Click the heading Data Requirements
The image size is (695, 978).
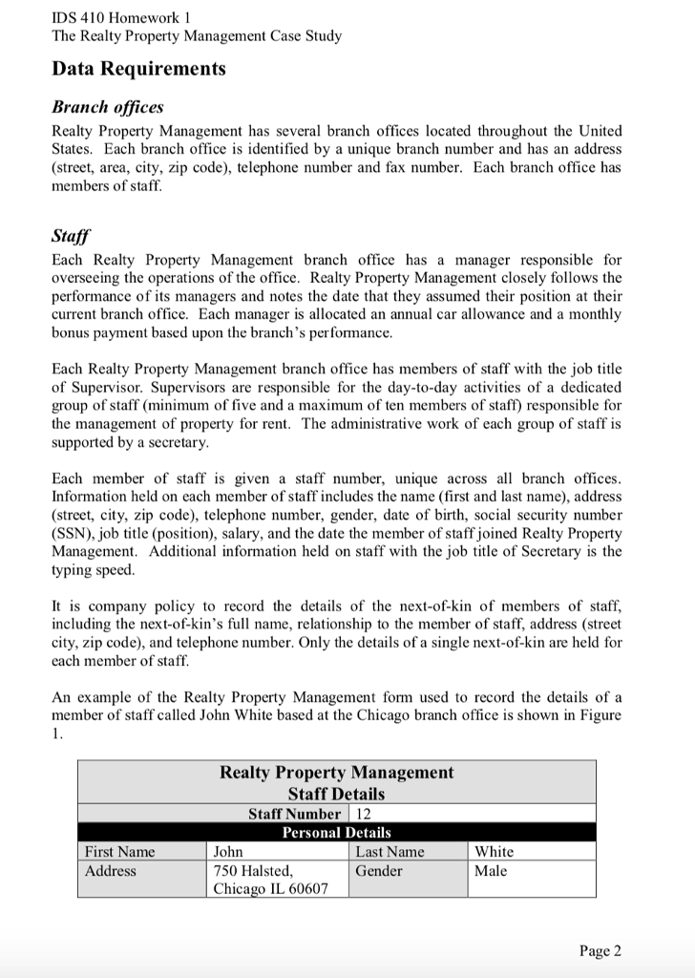click(x=138, y=69)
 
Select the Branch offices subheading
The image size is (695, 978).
click(x=107, y=107)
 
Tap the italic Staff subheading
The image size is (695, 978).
click(x=68, y=236)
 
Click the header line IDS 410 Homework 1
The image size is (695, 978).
click(x=118, y=16)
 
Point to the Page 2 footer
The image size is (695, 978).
click(x=600, y=949)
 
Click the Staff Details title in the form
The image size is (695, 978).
click(x=336, y=794)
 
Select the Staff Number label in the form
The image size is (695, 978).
click(x=293, y=814)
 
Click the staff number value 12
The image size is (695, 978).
click(x=363, y=814)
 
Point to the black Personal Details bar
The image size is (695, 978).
click(x=336, y=833)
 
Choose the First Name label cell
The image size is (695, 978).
click(x=119, y=851)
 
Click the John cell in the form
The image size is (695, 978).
click(x=228, y=851)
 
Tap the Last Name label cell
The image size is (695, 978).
click(x=390, y=851)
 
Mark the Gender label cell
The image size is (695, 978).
click(x=379, y=870)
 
